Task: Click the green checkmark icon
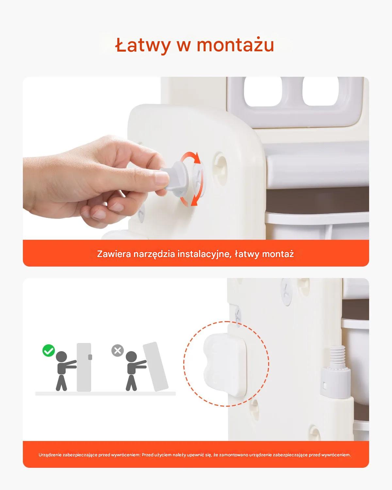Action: [x=49, y=351]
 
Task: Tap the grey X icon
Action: [x=118, y=351]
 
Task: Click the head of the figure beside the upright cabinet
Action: [x=61, y=357]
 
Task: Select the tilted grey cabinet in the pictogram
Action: [x=156, y=367]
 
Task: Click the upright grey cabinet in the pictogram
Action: [x=84, y=367]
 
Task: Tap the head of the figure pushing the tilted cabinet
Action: [x=131, y=357]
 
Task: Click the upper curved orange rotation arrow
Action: [x=190, y=157]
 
